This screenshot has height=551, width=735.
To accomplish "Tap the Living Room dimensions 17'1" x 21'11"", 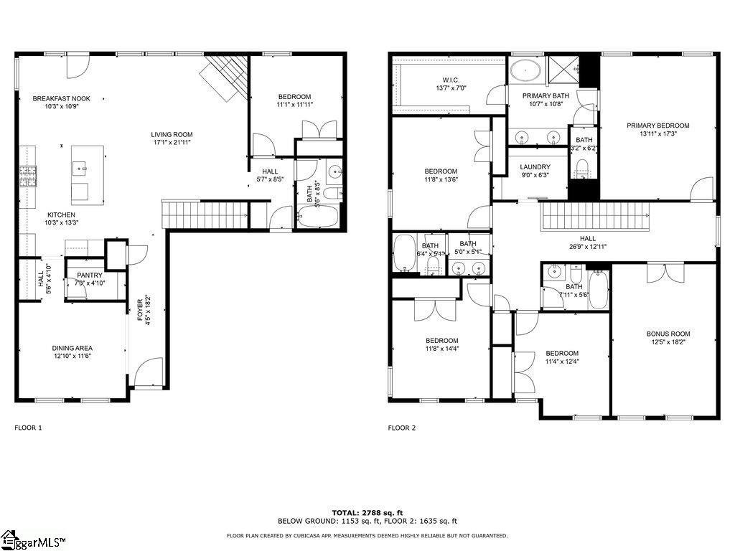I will (x=172, y=143).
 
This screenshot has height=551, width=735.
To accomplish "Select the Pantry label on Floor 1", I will (x=90, y=275).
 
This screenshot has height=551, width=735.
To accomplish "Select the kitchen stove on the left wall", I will (x=28, y=176).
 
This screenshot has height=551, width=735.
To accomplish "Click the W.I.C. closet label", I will (x=451, y=80).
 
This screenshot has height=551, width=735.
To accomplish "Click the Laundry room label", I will (x=535, y=167).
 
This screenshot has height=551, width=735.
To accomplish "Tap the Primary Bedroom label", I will (x=657, y=126).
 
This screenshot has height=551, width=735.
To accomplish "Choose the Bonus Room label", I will (x=668, y=334).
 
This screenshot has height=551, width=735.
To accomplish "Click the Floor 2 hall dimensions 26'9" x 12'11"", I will (x=588, y=247).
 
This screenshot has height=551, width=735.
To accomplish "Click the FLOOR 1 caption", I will (x=29, y=428).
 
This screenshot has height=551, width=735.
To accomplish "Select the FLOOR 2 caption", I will (x=402, y=428).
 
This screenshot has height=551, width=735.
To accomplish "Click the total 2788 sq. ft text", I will (x=367, y=512).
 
